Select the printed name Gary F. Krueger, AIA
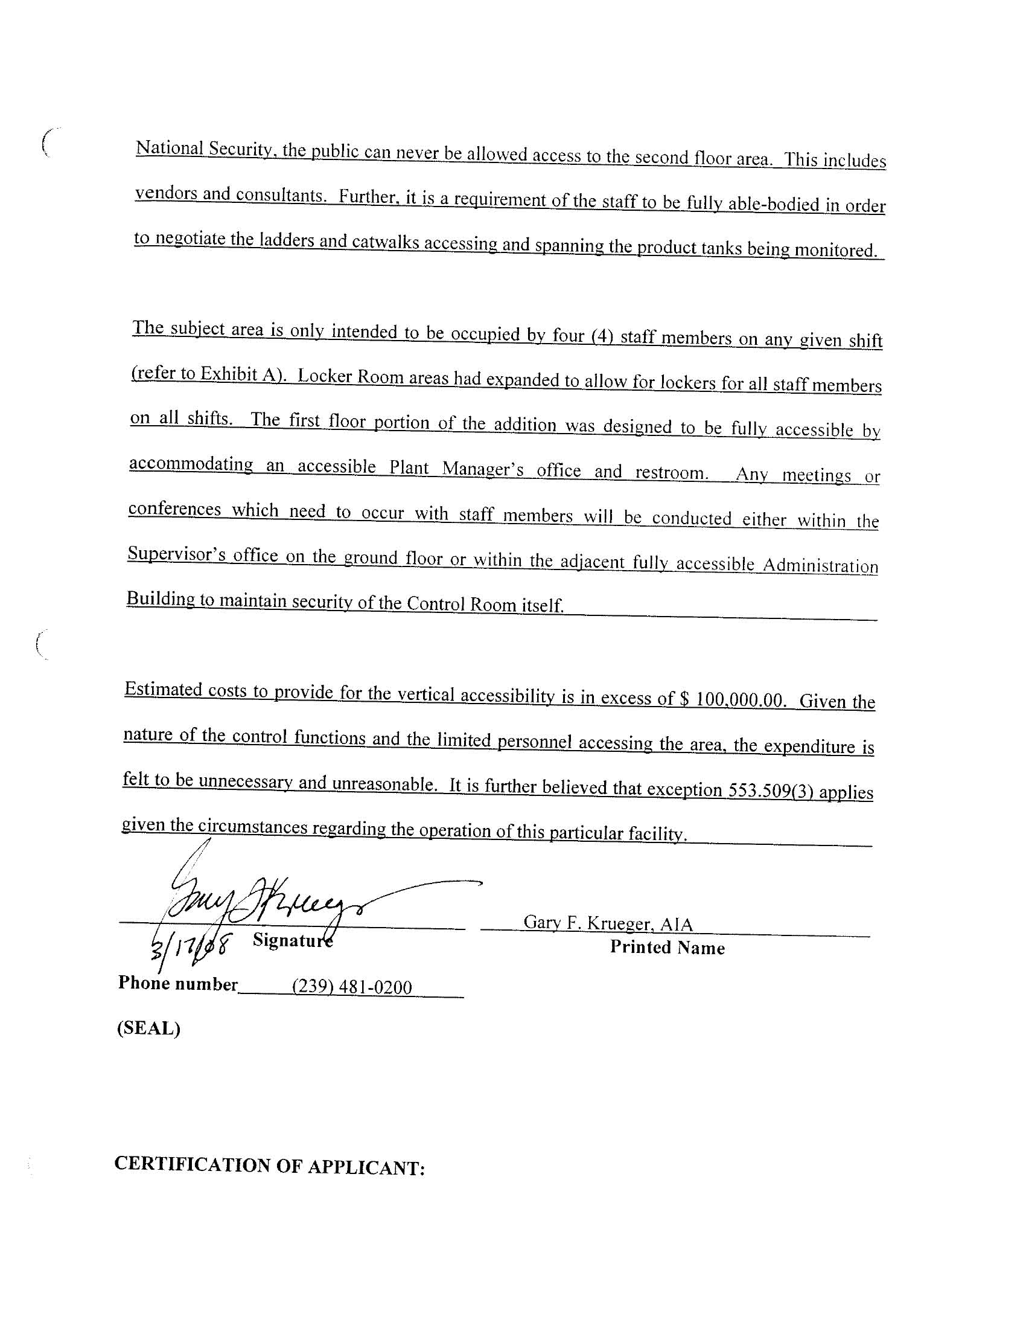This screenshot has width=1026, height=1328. (608, 923)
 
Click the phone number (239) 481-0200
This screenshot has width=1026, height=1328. (352, 986)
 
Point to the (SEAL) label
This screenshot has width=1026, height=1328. (149, 1028)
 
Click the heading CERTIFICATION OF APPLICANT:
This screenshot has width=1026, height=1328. (269, 1166)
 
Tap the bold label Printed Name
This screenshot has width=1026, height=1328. (668, 948)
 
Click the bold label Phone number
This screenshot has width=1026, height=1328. (177, 984)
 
